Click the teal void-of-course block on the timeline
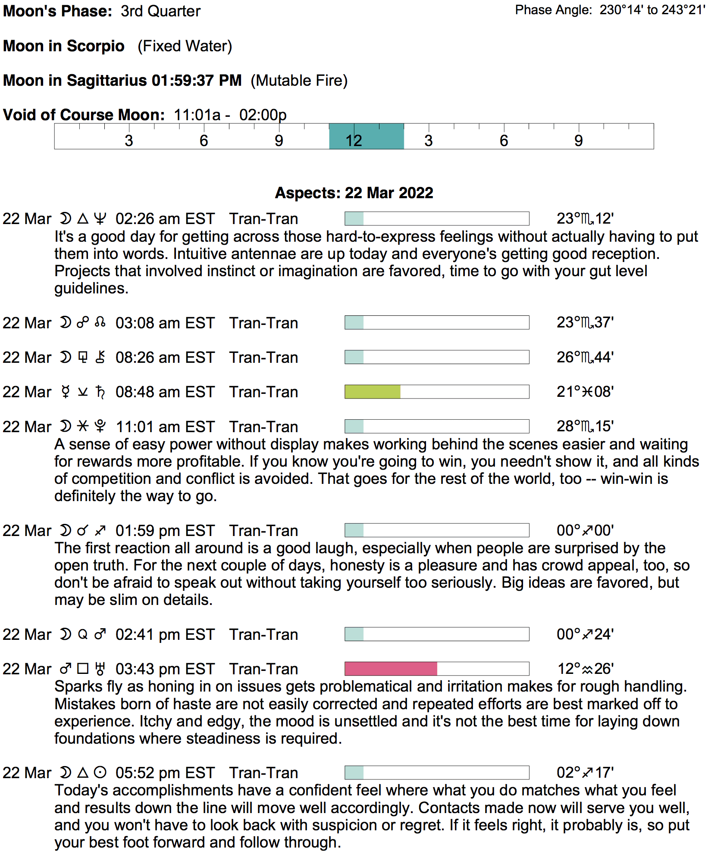pyautogui.click(x=366, y=137)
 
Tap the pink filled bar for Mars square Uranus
pyautogui.click(x=391, y=669)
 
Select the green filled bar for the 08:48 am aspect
pyautogui.click(x=373, y=392)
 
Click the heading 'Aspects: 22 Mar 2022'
pyautogui.click(x=354, y=193)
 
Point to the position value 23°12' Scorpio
pyautogui.click(x=585, y=218)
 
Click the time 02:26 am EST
pyautogui.click(x=165, y=219)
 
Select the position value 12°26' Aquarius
pyautogui.click(x=585, y=669)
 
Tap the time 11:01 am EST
pyautogui.click(x=165, y=427)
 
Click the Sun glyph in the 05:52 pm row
pyautogui.click(x=100, y=773)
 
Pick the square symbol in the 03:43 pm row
pyautogui.click(x=83, y=669)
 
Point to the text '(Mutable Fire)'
pyautogui.click(x=299, y=81)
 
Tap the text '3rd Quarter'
pyautogui.click(x=160, y=11)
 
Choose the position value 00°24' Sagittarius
pyautogui.click(x=585, y=634)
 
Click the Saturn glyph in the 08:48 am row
pyautogui.click(x=100, y=392)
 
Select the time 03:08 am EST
pyautogui.click(x=165, y=323)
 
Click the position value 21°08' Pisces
pyautogui.click(x=585, y=392)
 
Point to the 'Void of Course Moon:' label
pyautogui.click(x=84, y=115)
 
